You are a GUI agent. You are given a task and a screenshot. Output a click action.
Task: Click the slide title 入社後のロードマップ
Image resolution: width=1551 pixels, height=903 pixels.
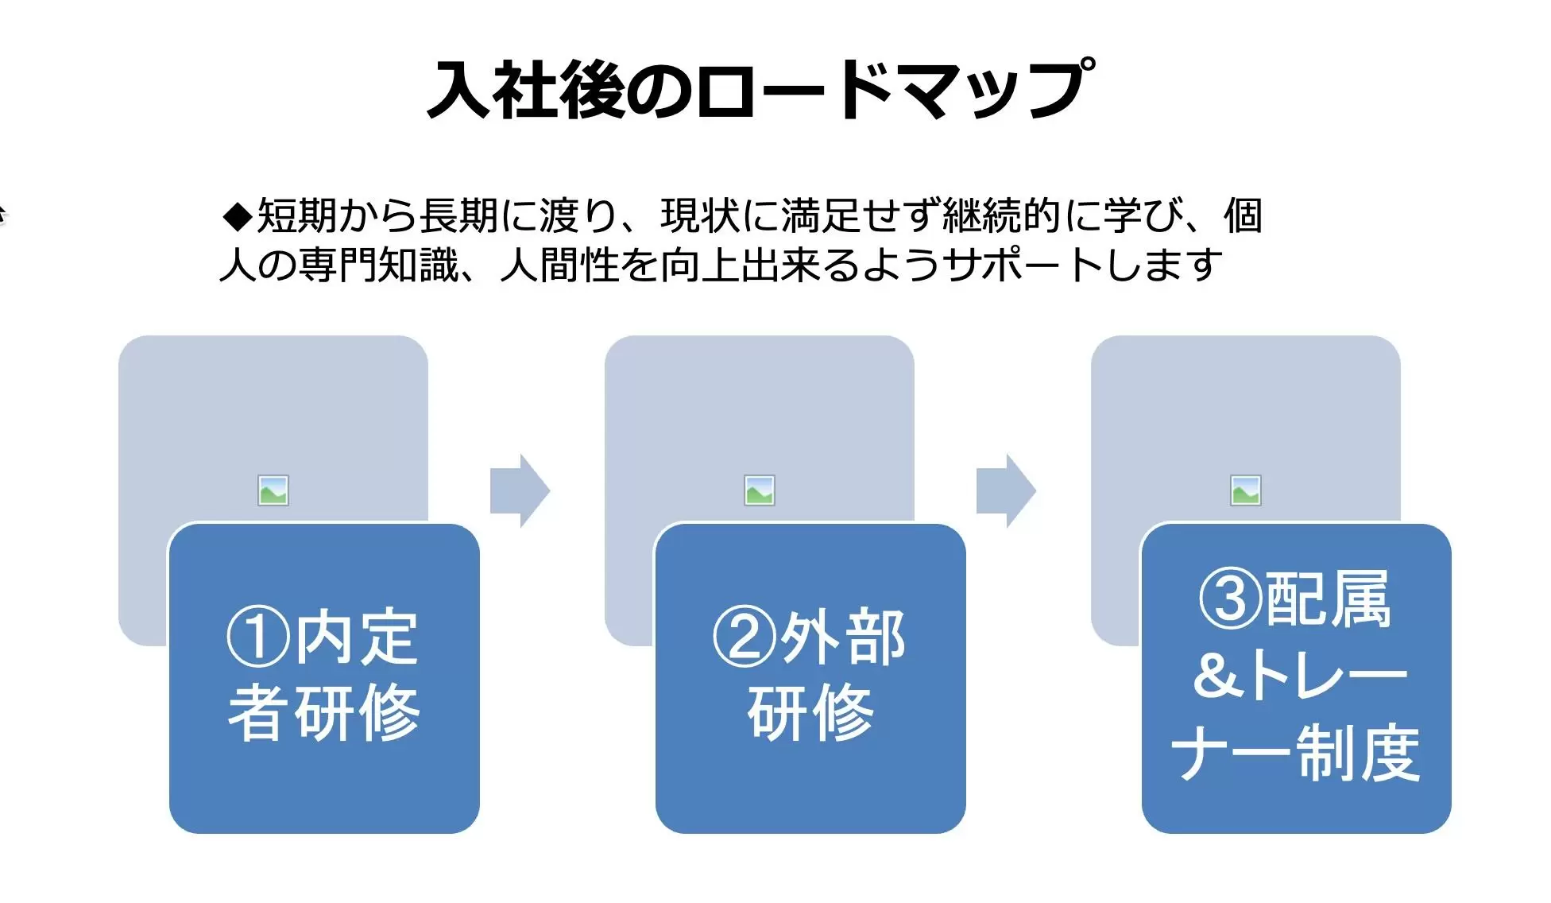pos(761,89)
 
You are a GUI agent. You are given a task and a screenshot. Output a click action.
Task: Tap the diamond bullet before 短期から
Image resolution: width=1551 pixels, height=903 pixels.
pos(238,216)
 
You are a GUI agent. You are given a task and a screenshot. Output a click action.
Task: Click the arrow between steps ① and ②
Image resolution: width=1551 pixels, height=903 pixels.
pos(520,490)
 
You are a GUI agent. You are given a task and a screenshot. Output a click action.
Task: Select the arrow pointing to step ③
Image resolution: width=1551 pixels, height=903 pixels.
pos(1006,490)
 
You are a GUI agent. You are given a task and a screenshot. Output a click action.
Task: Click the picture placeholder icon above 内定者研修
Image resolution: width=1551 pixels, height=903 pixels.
pos(273,490)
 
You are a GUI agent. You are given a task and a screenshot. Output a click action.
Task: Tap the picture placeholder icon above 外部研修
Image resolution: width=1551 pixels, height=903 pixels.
pos(760,490)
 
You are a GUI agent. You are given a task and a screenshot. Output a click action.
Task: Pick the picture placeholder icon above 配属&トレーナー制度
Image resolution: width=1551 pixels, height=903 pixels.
pos(1246,490)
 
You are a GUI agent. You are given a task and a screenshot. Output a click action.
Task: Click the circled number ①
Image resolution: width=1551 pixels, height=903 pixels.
pos(258,637)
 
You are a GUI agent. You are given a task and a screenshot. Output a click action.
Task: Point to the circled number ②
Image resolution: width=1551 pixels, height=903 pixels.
pos(745,637)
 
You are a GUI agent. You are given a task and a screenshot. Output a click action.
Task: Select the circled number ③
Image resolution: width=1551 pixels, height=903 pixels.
pos(1231,599)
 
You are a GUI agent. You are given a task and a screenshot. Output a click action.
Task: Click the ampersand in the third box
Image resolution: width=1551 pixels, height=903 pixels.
pos(1218,675)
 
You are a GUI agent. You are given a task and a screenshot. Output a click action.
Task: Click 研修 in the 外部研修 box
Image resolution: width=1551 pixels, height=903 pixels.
pos(810,712)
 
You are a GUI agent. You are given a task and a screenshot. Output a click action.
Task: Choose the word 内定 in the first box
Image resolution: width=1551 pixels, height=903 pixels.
pos(356,637)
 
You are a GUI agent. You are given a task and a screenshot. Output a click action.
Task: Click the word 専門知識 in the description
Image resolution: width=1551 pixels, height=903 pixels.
pos(379,265)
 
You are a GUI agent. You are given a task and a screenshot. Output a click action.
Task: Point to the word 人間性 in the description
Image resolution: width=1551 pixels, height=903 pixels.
pos(560,265)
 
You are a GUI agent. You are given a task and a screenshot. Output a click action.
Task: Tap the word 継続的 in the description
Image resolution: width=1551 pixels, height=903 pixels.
pos(1002,215)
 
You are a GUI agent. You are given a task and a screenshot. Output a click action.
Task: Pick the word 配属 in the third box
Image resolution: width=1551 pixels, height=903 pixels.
pos(1328,599)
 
